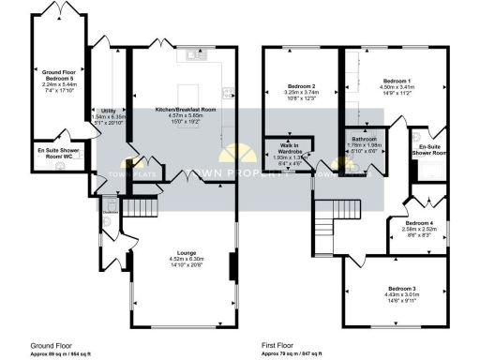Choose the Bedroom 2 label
301,85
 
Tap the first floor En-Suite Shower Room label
431,148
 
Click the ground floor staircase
138,207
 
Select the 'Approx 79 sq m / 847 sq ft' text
292,352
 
